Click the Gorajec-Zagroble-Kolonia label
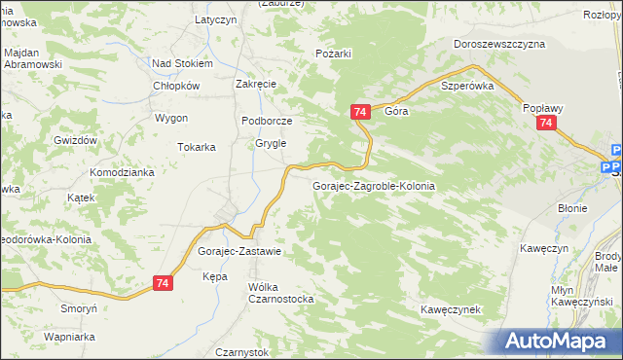(x=373, y=185)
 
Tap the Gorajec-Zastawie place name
(x=238, y=251)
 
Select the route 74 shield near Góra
(x=360, y=113)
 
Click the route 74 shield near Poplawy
(x=546, y=124)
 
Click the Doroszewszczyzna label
(x=499, y=44)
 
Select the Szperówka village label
(x=468, y=86)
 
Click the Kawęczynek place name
(x=452, y=309)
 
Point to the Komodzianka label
(x=123, y=172)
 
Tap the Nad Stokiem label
(x=182, y=63)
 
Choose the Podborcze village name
(x=267, y=121)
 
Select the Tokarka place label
(x=196, y=147)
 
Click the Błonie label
(x=571, y=208)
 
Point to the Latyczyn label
(x=216, y=19)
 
